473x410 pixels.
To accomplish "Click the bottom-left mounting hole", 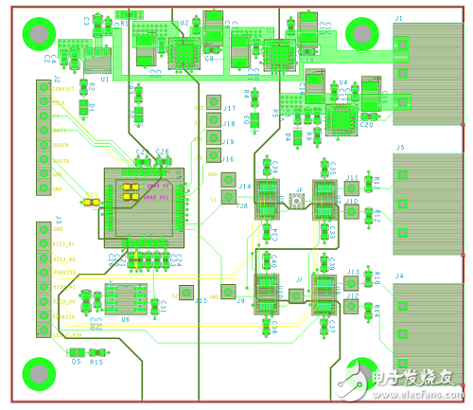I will [39, 372].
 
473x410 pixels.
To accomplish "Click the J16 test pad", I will [213, 158].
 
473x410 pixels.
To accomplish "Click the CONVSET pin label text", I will [63, 89].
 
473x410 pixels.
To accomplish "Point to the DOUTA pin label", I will [62, 144].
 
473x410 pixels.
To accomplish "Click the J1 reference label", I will [398, 19].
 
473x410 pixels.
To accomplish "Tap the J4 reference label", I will [399, 276].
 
